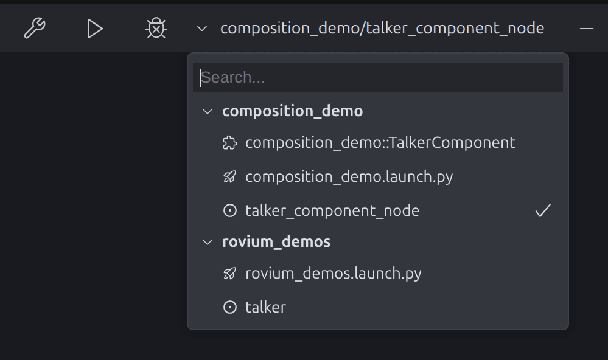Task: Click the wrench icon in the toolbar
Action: coord(35,28)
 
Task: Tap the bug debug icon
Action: coord(156,28)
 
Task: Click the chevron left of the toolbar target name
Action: coord(202,29)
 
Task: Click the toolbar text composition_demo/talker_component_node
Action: coord(382,29)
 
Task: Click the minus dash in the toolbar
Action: coord(586,29)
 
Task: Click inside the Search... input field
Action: coord(377,78)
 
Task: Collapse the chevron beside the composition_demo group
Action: coord(208,111)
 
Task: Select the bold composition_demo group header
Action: coord(293,111)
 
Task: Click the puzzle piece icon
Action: coord(229,143)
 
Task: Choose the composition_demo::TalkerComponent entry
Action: coord(380,143)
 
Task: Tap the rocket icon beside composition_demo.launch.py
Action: coord(229,177)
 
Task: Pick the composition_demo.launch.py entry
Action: coord(349,177)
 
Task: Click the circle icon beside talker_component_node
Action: coord(229,211)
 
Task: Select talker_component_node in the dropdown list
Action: coord(332,211)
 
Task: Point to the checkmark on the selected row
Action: coord(543,211)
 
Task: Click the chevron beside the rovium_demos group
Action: coord(208,242)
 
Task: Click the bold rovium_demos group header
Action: coord(276,242)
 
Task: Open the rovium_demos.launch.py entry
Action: coord(334,274)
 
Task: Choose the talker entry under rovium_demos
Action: coord(265,308)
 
